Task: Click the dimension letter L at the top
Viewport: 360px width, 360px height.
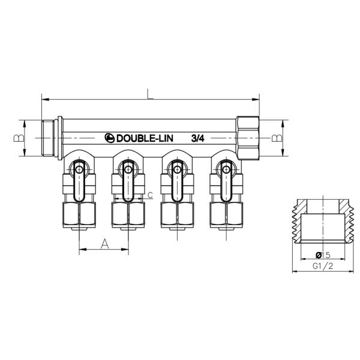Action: coord(150,92)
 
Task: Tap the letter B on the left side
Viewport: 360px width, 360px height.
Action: coord(19,138)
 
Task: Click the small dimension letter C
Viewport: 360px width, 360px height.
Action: coord(149,194)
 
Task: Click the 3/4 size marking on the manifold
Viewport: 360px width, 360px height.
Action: coord(198,138)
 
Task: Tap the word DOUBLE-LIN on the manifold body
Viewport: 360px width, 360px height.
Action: coord(146,138)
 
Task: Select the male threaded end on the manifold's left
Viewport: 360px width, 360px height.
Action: coord(52,138)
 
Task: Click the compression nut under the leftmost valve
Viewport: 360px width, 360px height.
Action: coord(79,215)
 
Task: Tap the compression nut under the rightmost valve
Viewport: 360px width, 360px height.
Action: coord(226,215)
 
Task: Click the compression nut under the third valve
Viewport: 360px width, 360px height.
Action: coord(177,215)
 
